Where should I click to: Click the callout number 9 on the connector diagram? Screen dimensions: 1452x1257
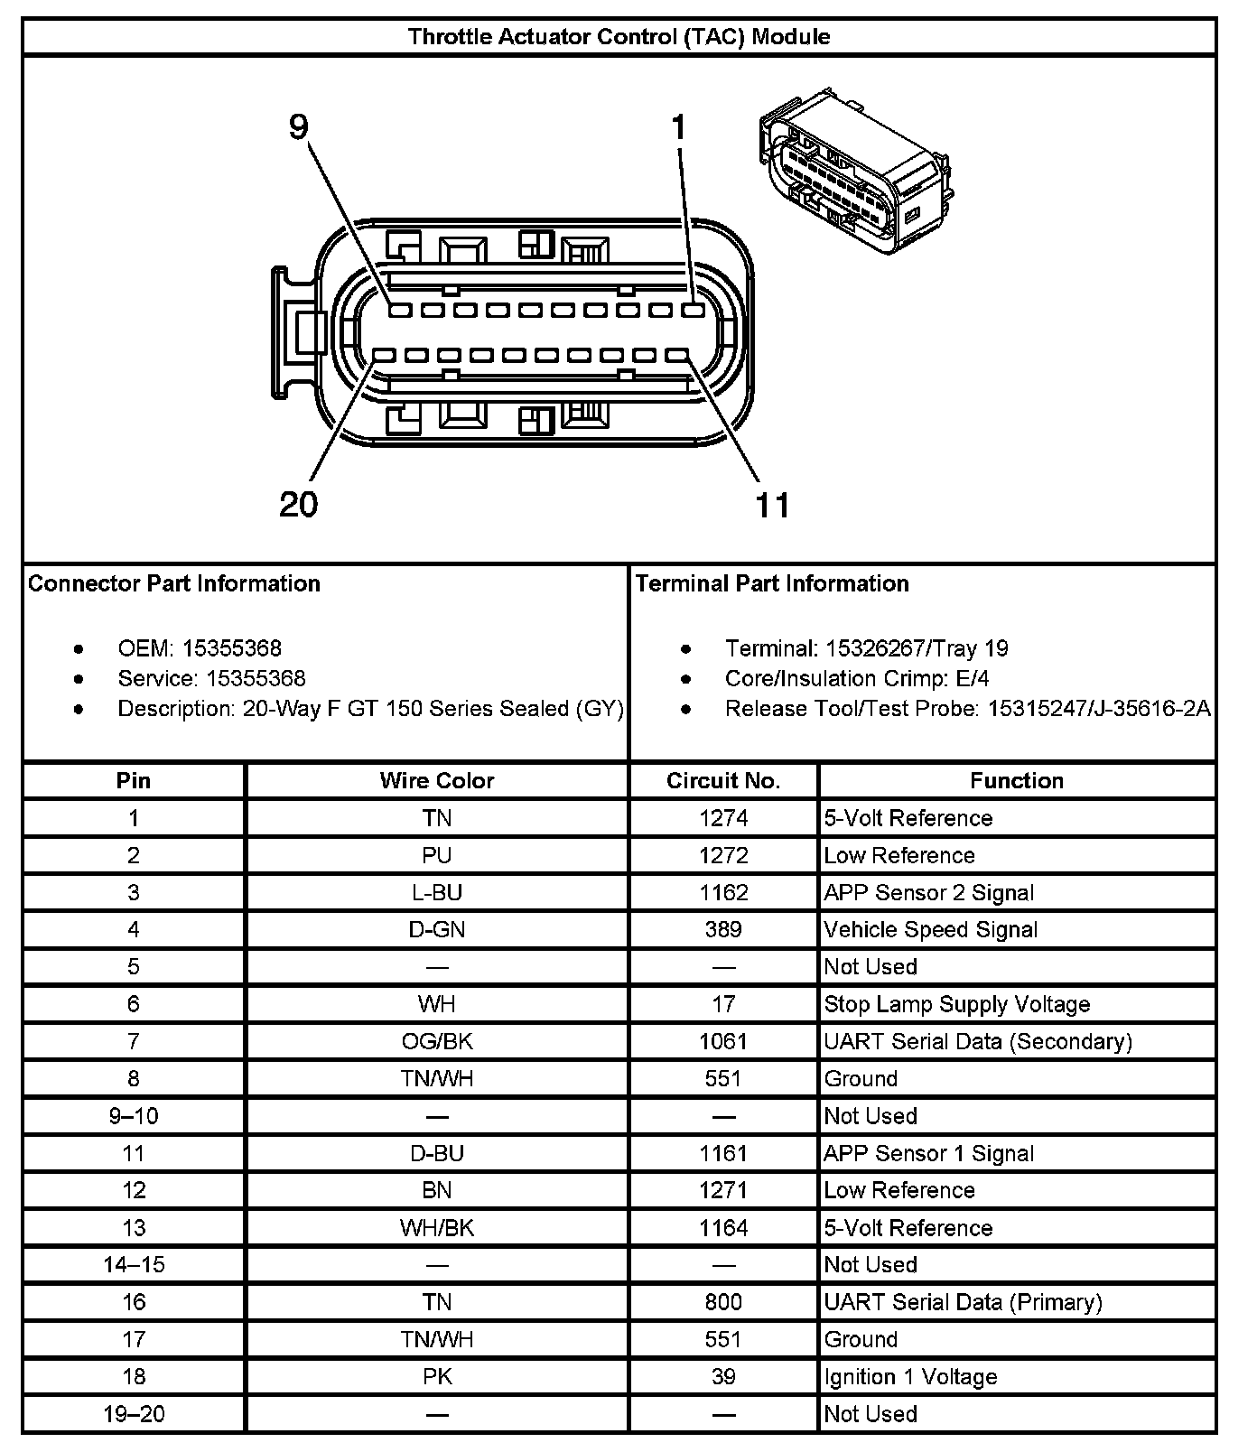coord(299,127)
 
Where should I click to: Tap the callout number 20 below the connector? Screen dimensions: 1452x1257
coord(299,504)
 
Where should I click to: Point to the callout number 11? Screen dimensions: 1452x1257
coord(772,505)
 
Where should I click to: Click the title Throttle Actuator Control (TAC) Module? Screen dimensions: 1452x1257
coord(619,37)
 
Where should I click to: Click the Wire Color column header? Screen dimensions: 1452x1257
coord(436,780)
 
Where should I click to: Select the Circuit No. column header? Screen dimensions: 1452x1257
coord(723,780)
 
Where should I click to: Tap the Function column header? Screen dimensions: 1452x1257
coord(1017,780)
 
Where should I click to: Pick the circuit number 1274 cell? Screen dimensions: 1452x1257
coord(723,818)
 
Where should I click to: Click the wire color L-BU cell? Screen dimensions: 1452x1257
coord(436,892)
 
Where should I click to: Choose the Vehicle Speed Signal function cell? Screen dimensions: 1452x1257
coord(930,929)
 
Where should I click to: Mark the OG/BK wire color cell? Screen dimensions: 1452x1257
coord(436,1041)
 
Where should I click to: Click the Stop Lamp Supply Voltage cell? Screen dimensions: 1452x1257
coord(956,1004)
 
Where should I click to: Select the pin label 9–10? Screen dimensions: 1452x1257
coord(134,1116)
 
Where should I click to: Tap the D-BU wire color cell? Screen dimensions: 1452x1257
coord(436,1153)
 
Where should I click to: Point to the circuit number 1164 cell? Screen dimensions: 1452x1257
coord(723,1228)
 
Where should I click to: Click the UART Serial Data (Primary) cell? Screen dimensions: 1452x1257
coord(963,1302)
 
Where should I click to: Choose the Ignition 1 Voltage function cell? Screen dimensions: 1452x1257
coord(910,1377)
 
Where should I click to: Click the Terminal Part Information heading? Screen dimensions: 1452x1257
coord(772,583)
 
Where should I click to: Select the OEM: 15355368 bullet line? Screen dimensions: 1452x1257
coord(200,648)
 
